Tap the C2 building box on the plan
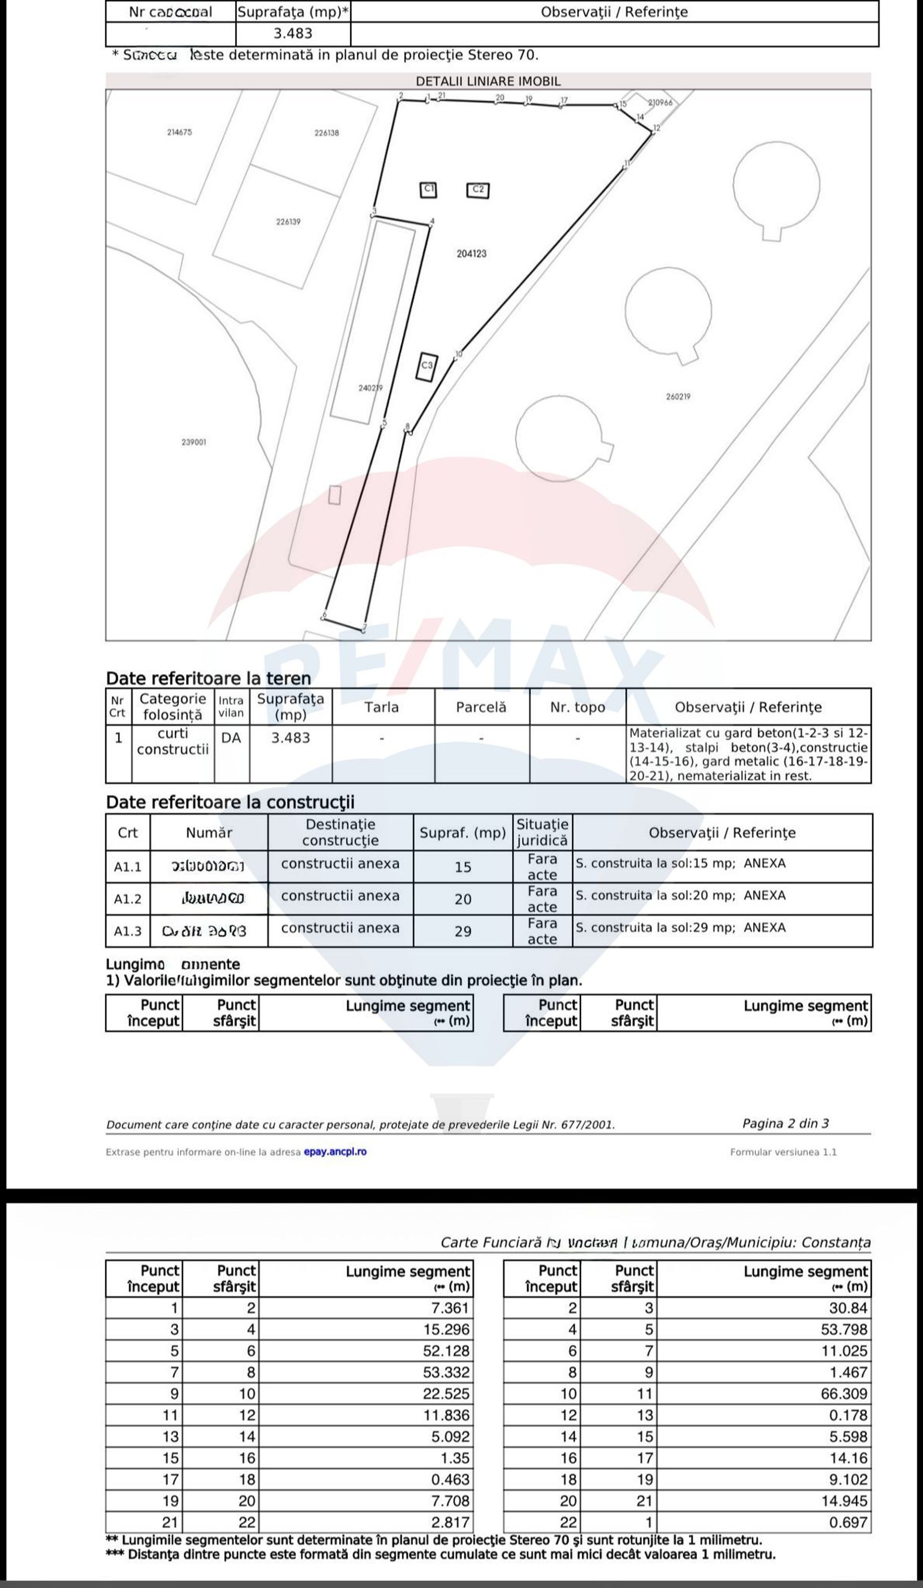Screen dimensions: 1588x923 click(x=478, y=190)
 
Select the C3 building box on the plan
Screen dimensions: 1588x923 click(x=427, y=366)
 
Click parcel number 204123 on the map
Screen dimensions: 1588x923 click(x=472, y=254)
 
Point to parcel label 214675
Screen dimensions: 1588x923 click(x=180, y=132)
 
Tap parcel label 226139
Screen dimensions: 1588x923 click(x=288, y=222)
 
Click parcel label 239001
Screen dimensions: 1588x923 click(x=194, y=442)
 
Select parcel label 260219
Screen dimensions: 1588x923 click(x=678, y=397)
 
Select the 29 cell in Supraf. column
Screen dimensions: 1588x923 click(x=463, y=931)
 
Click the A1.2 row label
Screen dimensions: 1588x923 click(x=127, y=899)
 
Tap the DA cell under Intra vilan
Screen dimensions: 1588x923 click(x=231, y=738)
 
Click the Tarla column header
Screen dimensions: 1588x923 click(x=381, y=707)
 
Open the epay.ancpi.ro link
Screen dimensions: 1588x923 click(x=335, y=1152)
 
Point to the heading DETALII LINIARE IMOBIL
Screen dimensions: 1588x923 click(x=488, y=81)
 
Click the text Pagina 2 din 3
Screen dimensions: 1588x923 click(x=785, y=1124)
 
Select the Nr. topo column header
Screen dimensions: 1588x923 click(x=577, y=707)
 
